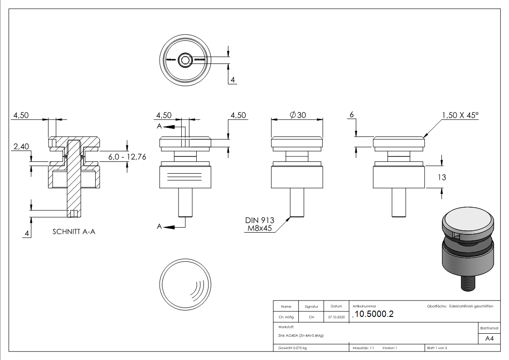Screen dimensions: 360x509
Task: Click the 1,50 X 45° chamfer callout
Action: pos(460,115)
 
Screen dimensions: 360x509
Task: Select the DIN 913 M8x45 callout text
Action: pos(260,224)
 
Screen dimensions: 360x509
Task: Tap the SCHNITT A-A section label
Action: pos(74,231)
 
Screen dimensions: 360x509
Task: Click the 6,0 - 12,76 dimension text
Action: pos(127,156)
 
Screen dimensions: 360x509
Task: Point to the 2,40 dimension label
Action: pos(21,146)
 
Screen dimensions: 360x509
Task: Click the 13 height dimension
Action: pos(441,177)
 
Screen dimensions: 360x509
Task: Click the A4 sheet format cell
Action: pos(489,339)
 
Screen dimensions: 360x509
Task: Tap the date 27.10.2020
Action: pos(336,317)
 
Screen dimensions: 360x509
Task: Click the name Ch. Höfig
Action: pos(286,317)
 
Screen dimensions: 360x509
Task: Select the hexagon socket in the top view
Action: pos(185,59)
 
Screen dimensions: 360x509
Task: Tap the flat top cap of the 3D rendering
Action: pos(466,223)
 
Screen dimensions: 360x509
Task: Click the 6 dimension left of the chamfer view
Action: pos(351,115)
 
